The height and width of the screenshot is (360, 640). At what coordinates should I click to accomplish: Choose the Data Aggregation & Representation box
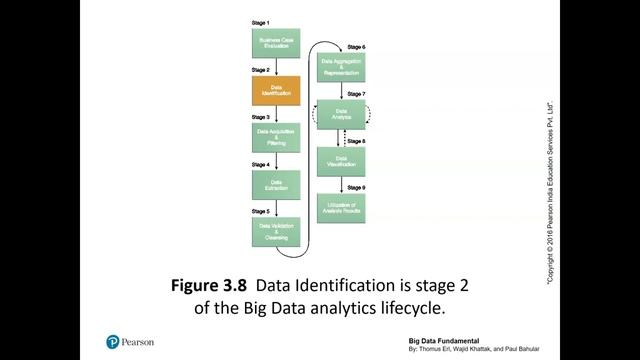coord(340,68)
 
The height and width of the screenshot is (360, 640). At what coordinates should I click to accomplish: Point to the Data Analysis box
coord(340,115)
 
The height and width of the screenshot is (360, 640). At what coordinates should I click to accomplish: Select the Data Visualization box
coord(340,161)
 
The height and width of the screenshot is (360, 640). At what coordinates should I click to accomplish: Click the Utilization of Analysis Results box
coord(340,207)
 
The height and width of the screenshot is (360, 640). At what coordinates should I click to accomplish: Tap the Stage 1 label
coord(260,22)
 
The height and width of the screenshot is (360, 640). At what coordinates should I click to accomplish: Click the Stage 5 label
coord(260,212)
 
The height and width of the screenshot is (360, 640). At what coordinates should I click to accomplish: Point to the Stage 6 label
coord(355,47)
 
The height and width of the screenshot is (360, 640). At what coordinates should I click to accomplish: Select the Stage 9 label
coord(355,188)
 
